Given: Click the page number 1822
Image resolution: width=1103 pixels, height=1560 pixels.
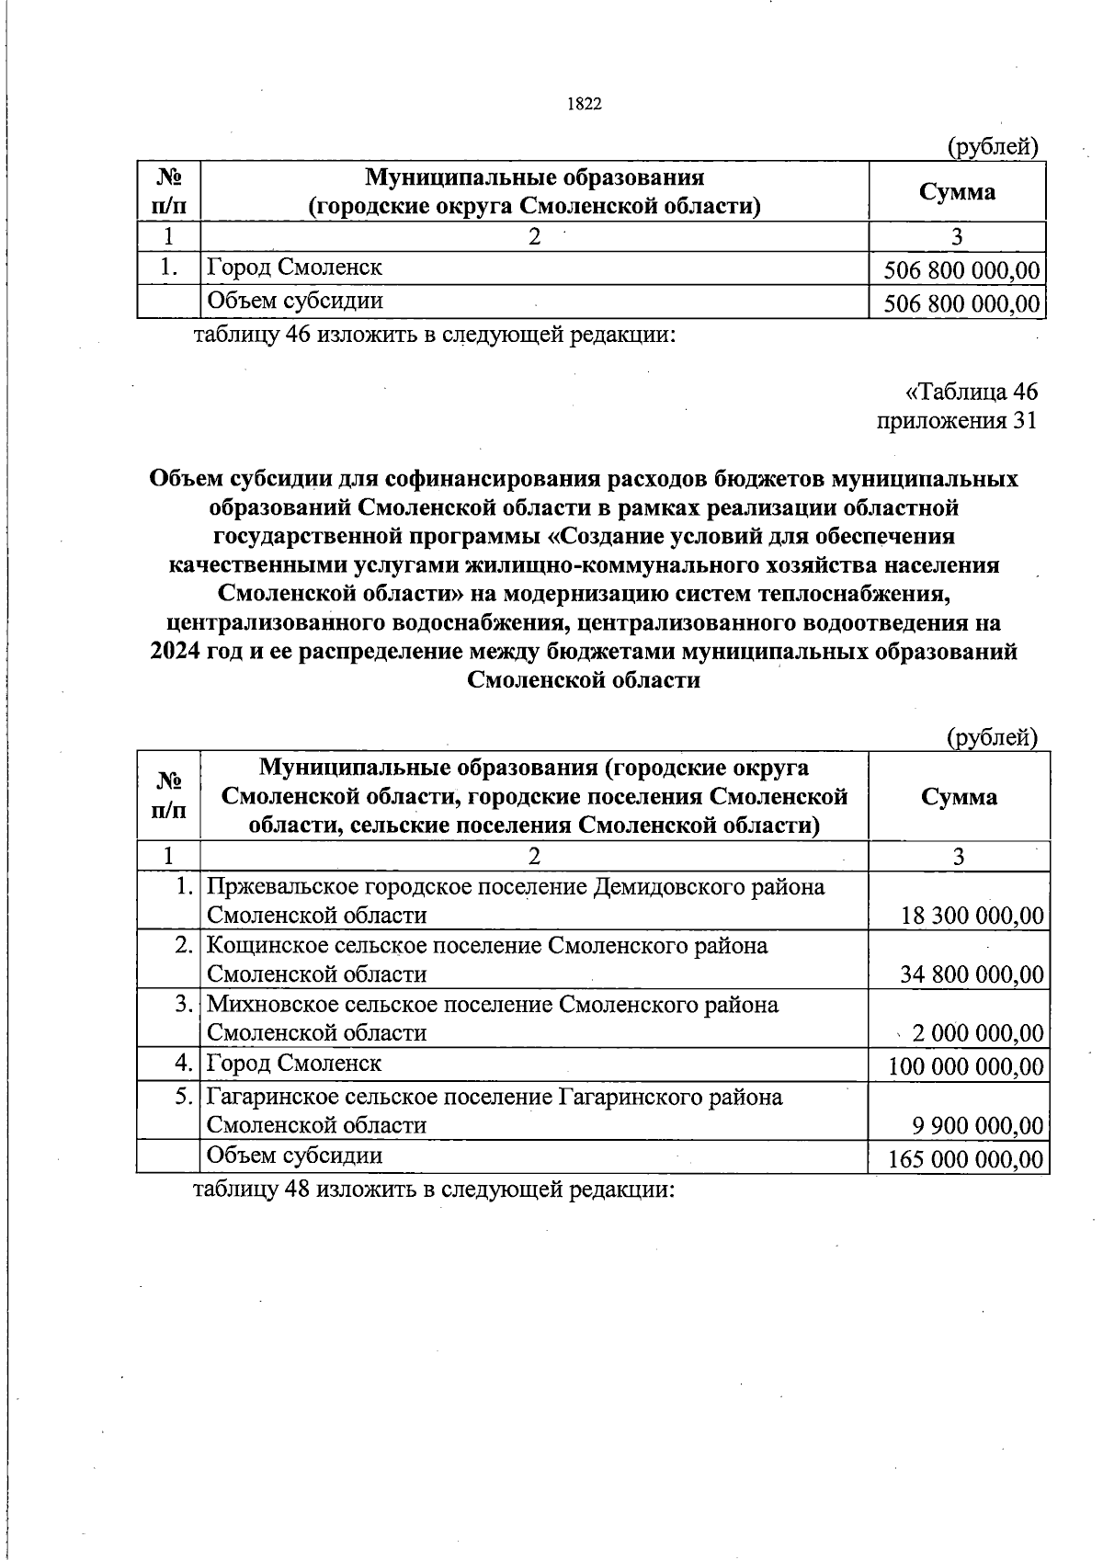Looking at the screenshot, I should coord(585,104).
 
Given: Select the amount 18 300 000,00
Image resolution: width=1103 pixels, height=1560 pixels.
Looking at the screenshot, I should coord(972,916).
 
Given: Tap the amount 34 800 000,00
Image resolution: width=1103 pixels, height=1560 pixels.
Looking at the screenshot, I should coord(972,974).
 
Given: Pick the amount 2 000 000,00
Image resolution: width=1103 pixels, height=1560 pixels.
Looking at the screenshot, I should coord(977,1033).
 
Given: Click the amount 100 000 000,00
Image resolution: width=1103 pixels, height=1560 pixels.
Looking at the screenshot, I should coord(966,1066).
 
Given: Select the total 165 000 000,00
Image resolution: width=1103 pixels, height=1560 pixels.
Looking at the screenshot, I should coord(966,1158).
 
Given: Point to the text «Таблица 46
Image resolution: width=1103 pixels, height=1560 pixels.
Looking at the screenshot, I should coord(972,392).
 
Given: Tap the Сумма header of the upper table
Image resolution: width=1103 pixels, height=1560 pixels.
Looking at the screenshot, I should coord(957,191).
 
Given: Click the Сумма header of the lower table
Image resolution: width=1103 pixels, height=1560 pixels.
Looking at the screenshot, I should coord(958,796).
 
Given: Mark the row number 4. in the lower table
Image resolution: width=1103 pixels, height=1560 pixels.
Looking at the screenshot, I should coord(184,1065).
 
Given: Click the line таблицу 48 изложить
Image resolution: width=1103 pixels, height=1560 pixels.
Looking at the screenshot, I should coord(433,1190).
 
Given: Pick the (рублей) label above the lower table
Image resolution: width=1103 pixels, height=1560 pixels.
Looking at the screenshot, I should coord(992,736).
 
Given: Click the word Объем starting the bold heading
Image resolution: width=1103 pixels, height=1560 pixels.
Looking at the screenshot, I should coord(188,479).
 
